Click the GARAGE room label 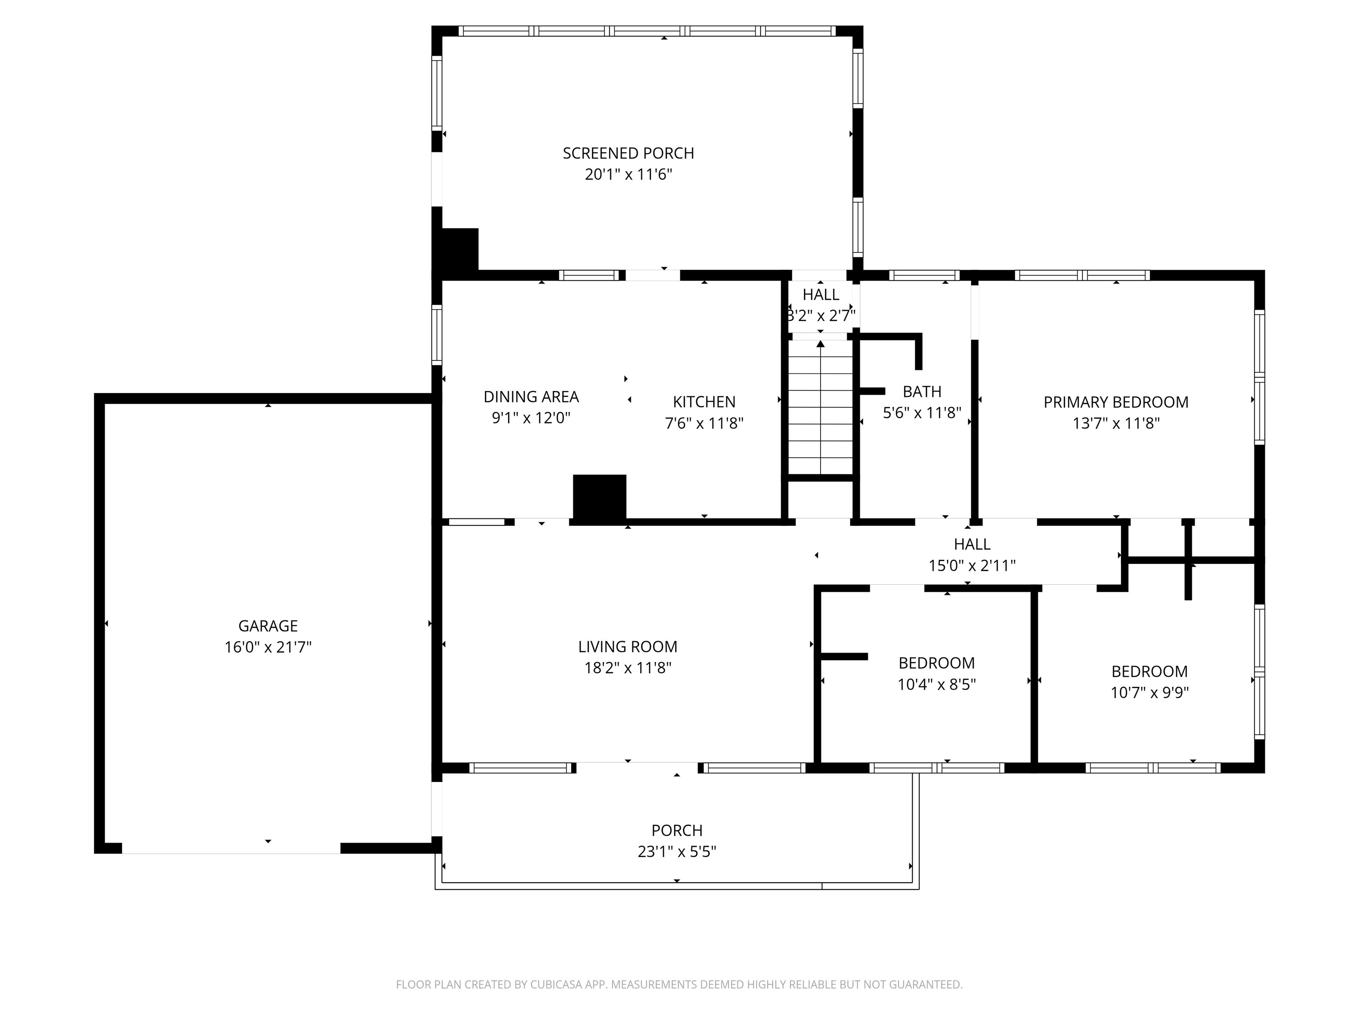click(x=268, y=626)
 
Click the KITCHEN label click(x=704, y=402)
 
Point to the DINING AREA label click(x=531, y=397)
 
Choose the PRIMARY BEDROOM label click(x=1116, y=402)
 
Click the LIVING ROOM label click(x=628, y=647)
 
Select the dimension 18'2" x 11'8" click(x=628, y=668)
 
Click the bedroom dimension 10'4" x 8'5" click(x=937, y=684)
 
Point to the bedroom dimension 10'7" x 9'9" click(x=1149, y=692)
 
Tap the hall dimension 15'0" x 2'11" click(x=972, y=566)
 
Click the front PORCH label click(x=677, y=831)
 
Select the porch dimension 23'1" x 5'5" click(x=677, y=852)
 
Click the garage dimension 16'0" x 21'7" click(x=268, y=647)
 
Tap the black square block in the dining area click(x=599, y=498)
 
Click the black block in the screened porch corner click(x=456, y=249)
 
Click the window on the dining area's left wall click(x=437, y=335)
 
